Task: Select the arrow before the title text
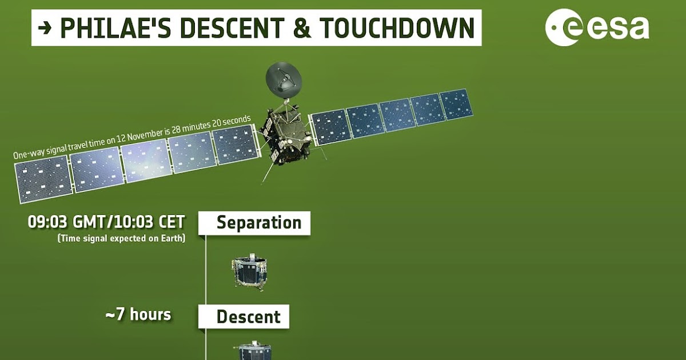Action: (46, 28)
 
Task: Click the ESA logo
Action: (597, 27)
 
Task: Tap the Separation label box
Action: (254, 223)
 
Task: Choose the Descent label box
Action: (244, 317)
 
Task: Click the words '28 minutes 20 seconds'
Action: (211, 124)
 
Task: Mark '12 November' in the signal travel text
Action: (131, 137)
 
